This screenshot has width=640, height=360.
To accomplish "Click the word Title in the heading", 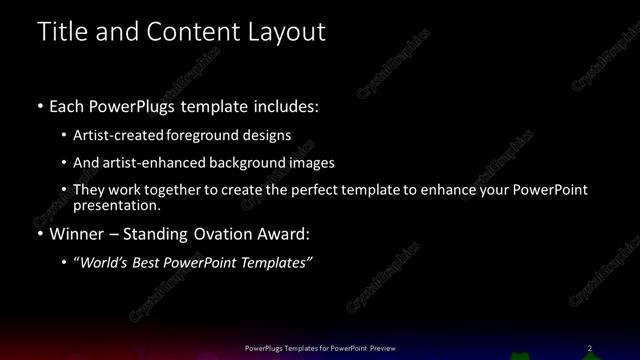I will click(x=62, y=32).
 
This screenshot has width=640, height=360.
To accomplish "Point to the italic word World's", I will click(x=101, y=264).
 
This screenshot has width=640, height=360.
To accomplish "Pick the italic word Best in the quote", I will click(x=148, y=264).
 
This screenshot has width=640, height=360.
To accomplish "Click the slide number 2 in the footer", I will click(x=590, y=348).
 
